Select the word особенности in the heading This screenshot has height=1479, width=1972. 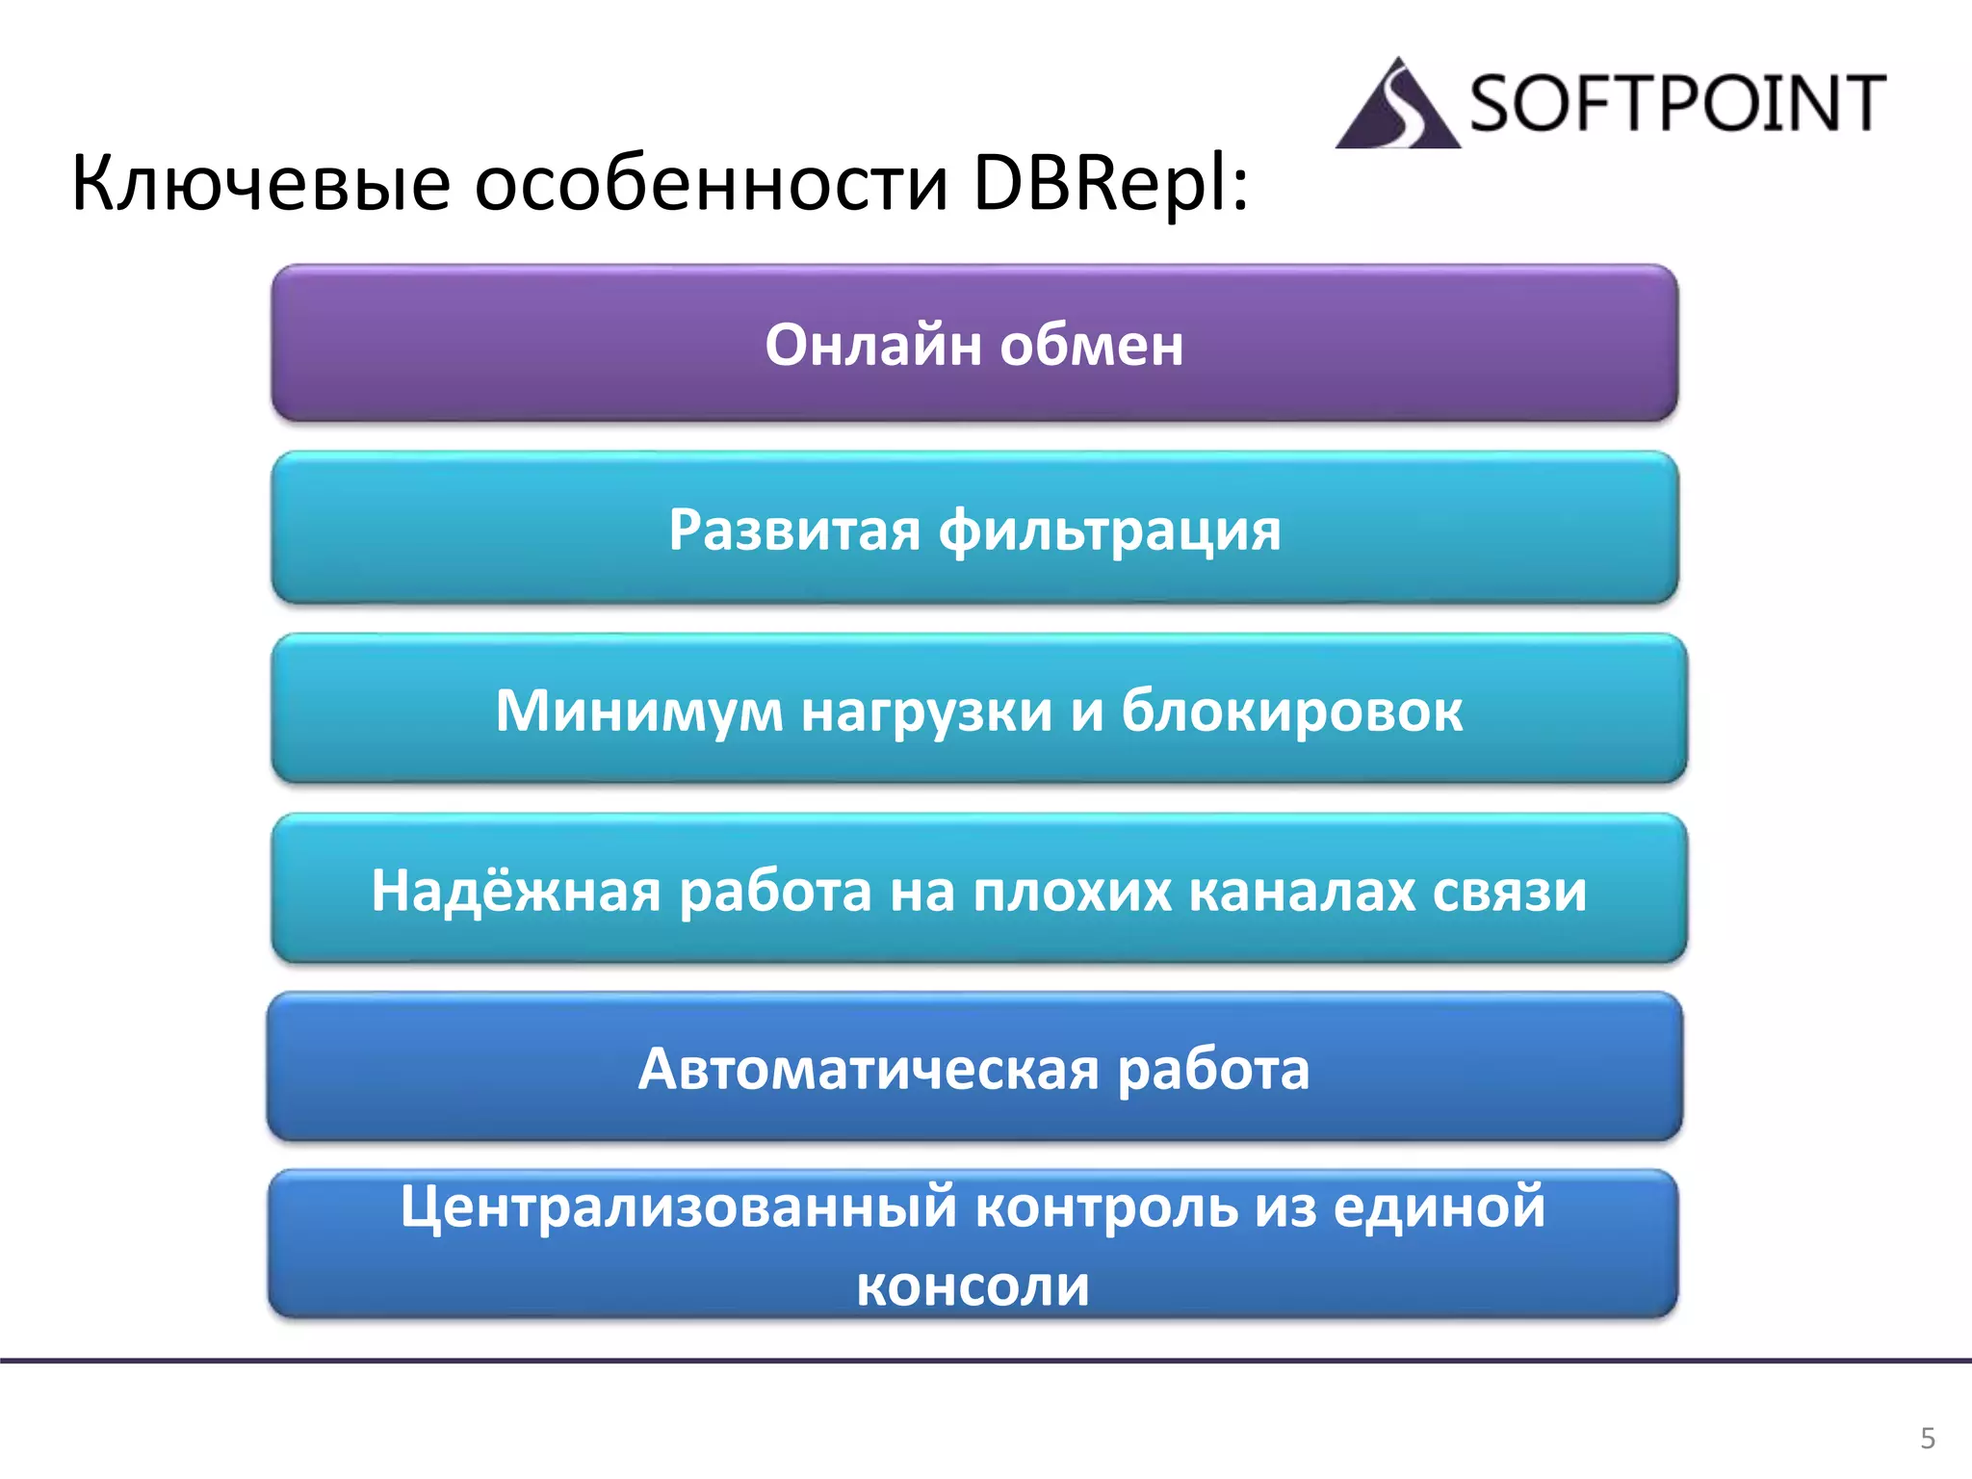(x=712, y=183)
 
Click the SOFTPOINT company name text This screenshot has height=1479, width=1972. (x=1676, y=103)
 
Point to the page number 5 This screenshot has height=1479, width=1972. (x=1927, y=1438)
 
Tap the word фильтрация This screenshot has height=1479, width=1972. (x=1109, y=531)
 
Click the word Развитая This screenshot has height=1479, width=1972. (x=794, y=530)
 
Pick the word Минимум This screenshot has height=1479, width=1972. (x=639, y=711)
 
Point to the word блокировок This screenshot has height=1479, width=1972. (x=1291, y=711)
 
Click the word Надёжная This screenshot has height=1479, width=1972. (x=516, y=890)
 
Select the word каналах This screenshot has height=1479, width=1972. (x=1301, y=890)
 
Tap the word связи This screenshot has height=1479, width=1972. (x=1509, y=890)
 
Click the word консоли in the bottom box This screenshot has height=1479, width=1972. (x=973, y=1285)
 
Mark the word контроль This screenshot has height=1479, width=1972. (x=1106, y=1207)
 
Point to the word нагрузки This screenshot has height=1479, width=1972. (x=927, y=713)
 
